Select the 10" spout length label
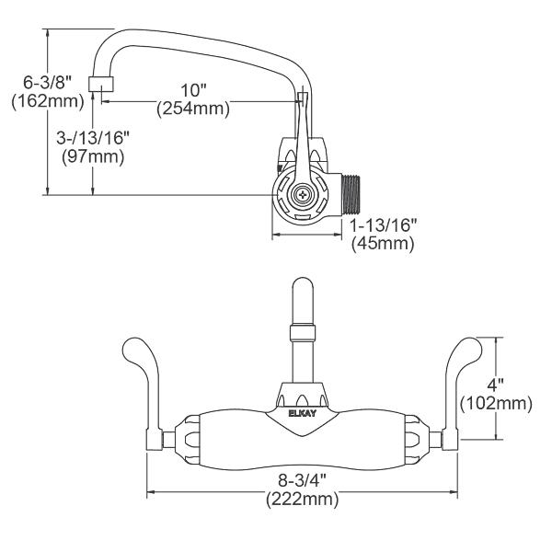[194, 90]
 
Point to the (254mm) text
[194, 109]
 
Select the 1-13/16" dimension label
[383, 225]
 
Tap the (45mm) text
[383, 244]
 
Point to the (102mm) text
[497, 402]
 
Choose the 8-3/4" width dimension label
[301, 482]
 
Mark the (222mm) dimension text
[301, 500]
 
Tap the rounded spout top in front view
[301, 294]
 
